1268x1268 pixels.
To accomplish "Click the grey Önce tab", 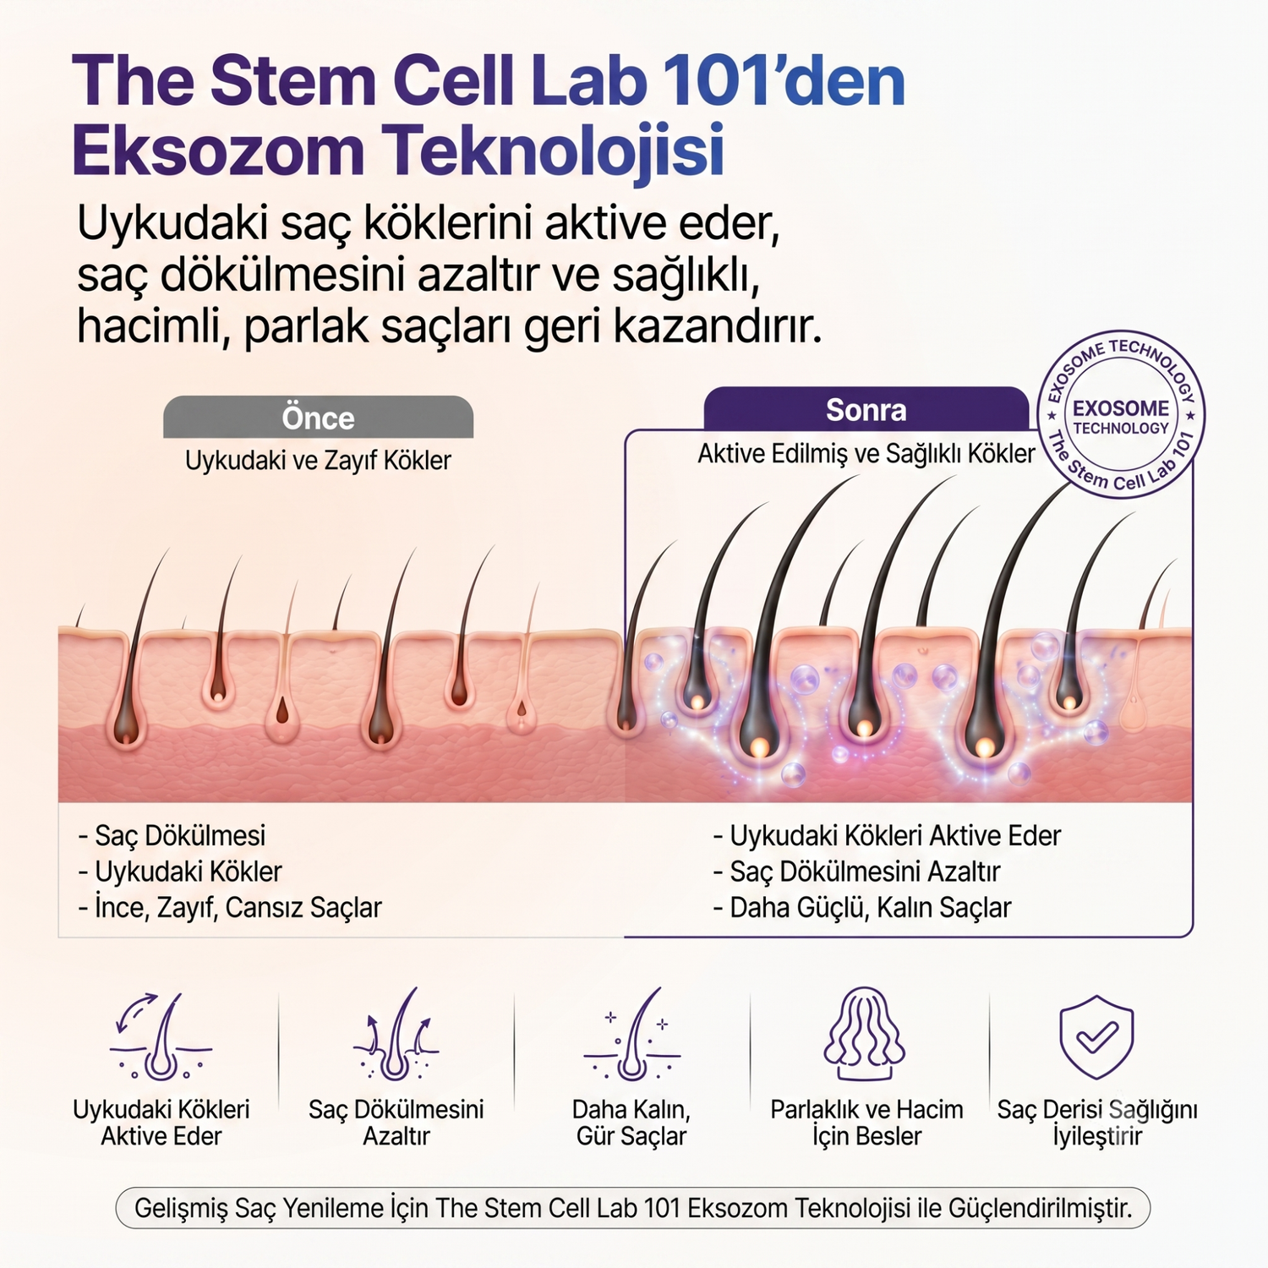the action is (318, 417).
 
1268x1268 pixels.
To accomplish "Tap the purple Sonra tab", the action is (866, 409).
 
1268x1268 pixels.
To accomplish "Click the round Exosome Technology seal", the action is (1121, 414).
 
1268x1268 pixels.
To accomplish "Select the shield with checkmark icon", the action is (1096, 1036).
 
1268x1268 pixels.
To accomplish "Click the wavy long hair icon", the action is (865, 1033).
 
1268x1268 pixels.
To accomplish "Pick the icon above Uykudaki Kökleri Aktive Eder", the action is (161, 1036).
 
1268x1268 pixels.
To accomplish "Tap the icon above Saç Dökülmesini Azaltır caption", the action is (396, 1034).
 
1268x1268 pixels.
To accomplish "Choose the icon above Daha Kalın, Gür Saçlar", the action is (631, 1034).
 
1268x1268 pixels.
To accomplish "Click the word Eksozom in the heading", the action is (218, 150).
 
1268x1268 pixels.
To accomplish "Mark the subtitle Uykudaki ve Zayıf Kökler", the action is (318, 461).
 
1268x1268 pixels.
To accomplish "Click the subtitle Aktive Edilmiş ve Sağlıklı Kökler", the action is (866, 454).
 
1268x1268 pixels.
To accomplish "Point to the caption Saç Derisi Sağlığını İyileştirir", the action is (1097, 1123).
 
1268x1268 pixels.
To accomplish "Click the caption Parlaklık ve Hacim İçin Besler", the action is (866, 1123).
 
